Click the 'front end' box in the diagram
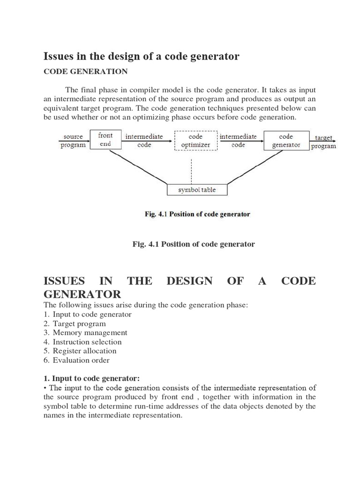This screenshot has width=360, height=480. (105, 140)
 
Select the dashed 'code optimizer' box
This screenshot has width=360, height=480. (195, 141)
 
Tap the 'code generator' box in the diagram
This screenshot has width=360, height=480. (286, 141)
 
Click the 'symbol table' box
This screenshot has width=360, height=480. (191, 190)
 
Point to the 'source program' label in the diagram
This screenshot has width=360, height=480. (73, 141)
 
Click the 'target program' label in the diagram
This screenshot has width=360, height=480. (323, 142)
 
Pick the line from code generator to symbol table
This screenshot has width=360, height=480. (248, 166)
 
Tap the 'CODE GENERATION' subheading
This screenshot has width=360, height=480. (85, 72)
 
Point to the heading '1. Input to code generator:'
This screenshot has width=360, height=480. (91, 378)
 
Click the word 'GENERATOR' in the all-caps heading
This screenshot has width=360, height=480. (82, 294)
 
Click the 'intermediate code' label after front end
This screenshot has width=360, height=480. (144, 141)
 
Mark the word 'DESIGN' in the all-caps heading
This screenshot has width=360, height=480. (189, 281)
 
